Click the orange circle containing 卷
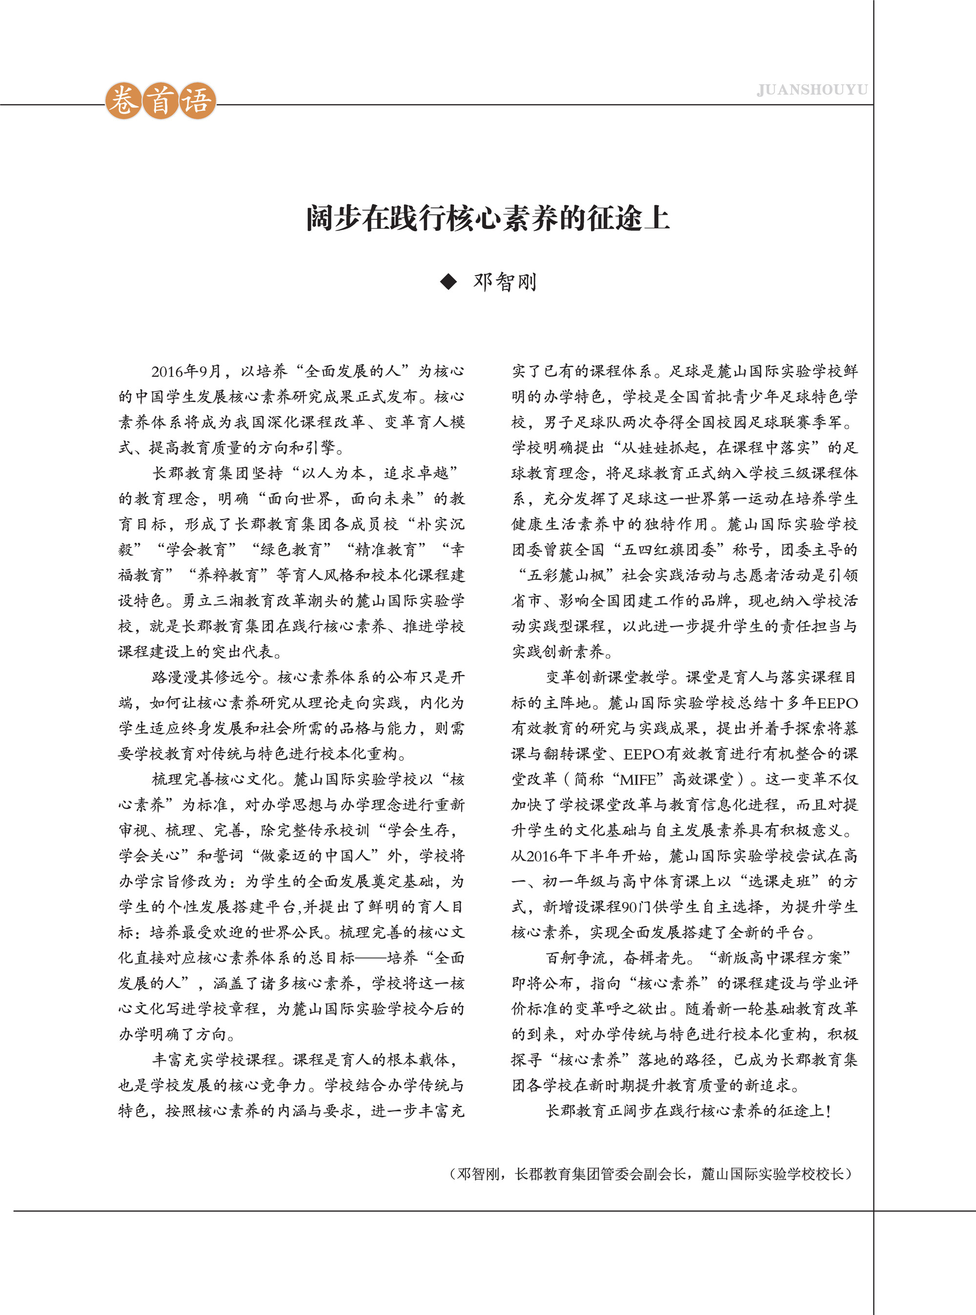click(123, 101)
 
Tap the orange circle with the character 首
click(161, 101)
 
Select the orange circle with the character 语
click(197, 101)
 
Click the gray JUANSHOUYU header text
click(812, 90)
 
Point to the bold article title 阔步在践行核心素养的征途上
click(488, 218)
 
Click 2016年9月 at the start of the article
click(185, 371)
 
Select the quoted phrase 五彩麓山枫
click(567, 575)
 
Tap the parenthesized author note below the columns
click(650, 1174)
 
